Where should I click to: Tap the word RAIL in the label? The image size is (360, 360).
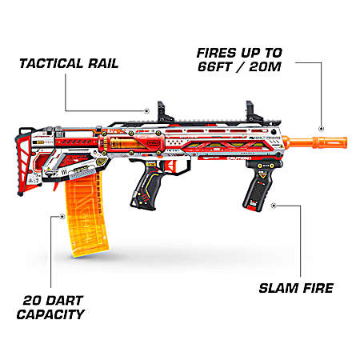pos(103,64)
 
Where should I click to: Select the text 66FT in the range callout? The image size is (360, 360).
pos(214,66)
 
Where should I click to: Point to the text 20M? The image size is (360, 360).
pos(266,66)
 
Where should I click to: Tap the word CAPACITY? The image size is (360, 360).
pos(50,314)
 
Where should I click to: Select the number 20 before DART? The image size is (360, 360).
pos(31,301)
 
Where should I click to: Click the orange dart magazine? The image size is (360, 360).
pos(86,214)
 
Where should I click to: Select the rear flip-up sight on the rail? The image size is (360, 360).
pos(163,112)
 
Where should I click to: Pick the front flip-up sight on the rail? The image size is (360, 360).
pos(252,111)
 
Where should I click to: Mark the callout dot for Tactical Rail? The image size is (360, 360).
pos(146,110)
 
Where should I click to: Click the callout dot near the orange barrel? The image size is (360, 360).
pos(322,129)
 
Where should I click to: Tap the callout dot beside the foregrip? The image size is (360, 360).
pos(273,206)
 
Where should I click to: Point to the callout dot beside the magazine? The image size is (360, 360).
pos(62,217)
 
